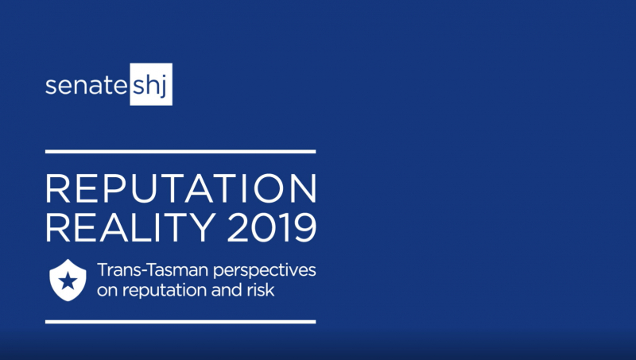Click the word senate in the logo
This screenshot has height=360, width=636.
point(87,86)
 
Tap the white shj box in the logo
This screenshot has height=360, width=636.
point(151,84)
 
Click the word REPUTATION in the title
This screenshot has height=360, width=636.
point(181,188)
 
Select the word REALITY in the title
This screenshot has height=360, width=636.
point(130,227)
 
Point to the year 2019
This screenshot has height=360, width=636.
point(271,227)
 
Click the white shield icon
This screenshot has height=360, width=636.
point(68,281)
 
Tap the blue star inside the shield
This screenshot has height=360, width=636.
point(68,281)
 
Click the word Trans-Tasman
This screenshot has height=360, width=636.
point(153,270)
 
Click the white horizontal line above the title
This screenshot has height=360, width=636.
point(180,152)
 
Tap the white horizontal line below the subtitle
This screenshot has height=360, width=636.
point(180,322)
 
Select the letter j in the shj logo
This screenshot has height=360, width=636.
point(163,87)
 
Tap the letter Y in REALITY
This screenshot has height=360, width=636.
point(203,227)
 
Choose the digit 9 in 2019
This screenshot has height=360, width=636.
point(305,227)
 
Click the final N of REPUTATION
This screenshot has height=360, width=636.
point(304,188)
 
